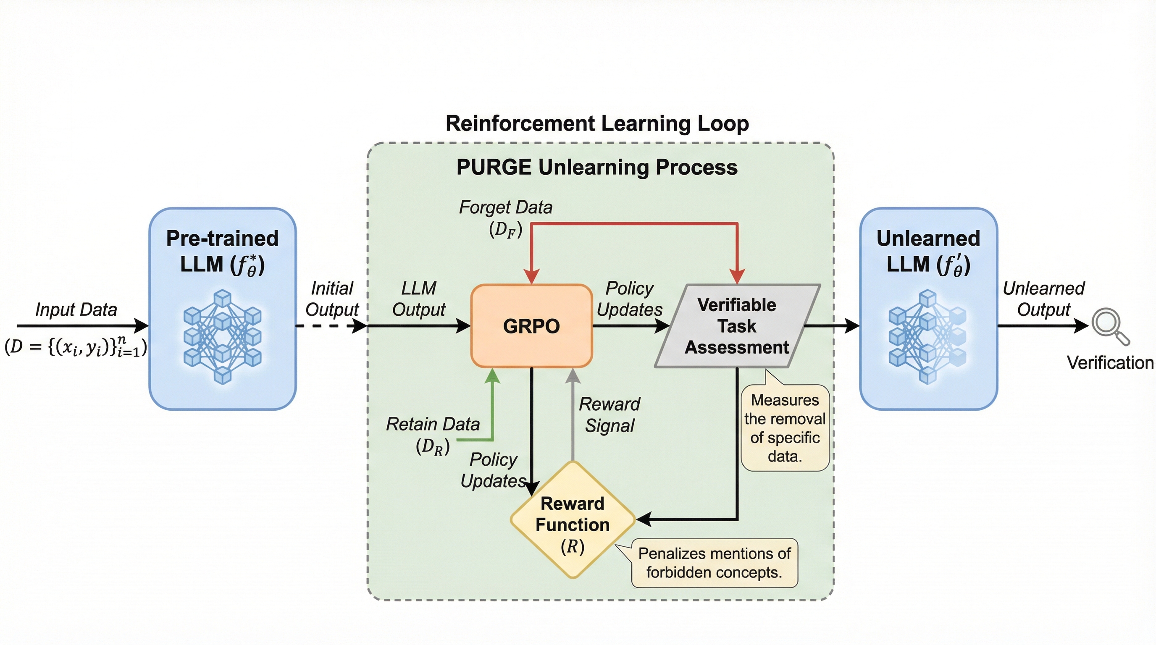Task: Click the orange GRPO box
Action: [531, 325]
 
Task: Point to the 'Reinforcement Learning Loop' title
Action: [597, 123]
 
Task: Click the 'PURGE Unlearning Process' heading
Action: [597, 167]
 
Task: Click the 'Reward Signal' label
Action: [610, 414]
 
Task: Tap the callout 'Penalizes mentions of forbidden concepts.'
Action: [715, 563]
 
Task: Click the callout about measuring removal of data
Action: [785, 428]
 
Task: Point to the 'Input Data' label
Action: [76, 309]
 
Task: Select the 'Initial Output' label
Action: [332, 299]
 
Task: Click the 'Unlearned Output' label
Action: [1043, 299]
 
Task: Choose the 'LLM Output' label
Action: [419, 299]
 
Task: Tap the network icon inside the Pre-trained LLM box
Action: [223, 337]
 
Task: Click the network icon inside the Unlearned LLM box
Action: [927, 337]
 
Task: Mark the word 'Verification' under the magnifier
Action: [1110, 362]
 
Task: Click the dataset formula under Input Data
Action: [75, 346]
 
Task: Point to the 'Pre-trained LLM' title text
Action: [222, 251]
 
